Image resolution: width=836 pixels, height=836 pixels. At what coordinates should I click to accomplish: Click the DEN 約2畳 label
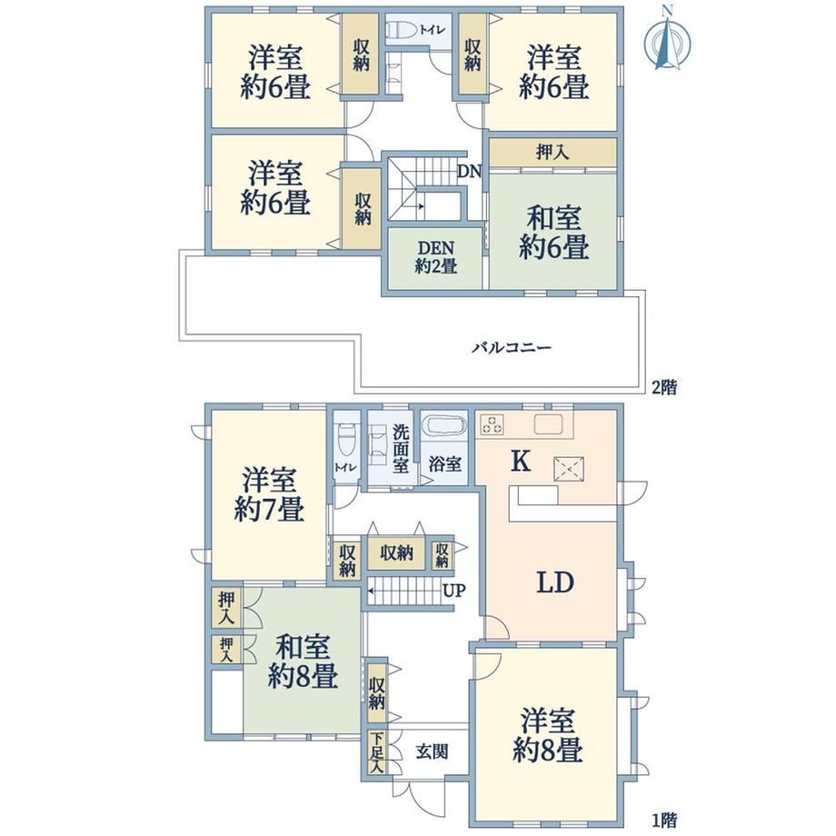tap(435, 257)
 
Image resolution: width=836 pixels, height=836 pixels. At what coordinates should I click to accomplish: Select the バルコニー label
tap(512, 348)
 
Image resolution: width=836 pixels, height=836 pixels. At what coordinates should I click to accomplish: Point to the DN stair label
tap(469, 172)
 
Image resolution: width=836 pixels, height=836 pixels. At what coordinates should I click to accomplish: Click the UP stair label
tap(454, 591)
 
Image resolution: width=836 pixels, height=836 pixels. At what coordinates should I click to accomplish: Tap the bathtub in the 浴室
tap(444, 427)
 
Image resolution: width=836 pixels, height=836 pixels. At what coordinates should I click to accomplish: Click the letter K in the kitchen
tap(521, 462)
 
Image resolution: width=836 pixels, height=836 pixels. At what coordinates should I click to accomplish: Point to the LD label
tap(554, 582)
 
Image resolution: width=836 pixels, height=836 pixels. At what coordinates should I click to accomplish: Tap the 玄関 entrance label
tap(432, 751)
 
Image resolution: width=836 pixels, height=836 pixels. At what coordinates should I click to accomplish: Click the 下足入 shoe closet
tap(377, 752)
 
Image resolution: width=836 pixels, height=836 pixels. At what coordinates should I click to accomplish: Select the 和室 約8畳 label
tap(303, 662)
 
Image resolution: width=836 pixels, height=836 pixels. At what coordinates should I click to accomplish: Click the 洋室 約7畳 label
tap(269, 494)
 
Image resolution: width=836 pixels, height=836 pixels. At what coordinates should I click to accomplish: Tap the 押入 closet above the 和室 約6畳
tap(552, 153)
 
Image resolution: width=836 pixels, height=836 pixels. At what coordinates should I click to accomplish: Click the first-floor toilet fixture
tap(346, 439)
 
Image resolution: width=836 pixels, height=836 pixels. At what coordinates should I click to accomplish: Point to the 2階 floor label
tap(664, 388)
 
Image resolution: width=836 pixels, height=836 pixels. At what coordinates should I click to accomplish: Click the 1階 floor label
tap(664, 819)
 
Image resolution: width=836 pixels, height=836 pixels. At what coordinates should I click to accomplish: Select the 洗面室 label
tap(401, 449)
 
